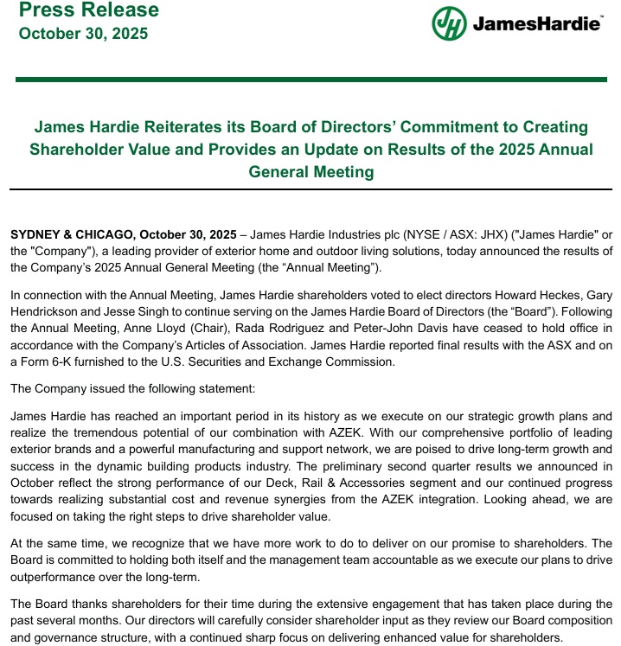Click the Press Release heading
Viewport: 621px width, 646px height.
tap(88, 11)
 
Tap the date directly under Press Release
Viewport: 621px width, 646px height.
tap(83, 34)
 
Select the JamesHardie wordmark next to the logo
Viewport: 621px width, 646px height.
tap(536, 24)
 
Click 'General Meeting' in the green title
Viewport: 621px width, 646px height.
tap(311, 171)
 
